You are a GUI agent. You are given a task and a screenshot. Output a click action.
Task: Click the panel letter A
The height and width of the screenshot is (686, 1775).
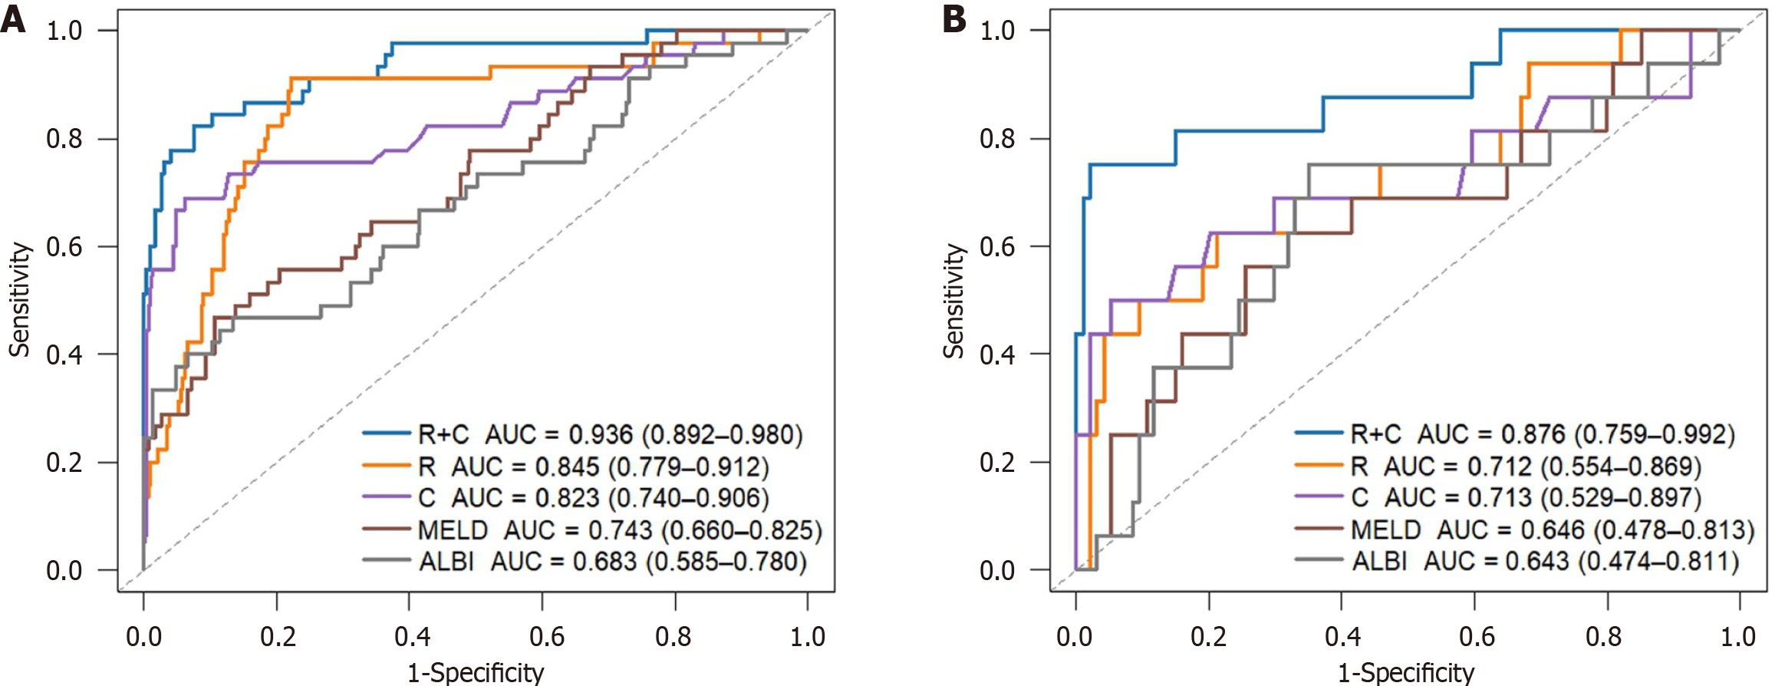[x=13, y=19]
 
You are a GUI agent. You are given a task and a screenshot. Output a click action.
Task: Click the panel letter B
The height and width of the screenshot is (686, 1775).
[x=953, y=19]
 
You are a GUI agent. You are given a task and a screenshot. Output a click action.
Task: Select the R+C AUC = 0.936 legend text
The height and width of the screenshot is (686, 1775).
[x=610, y=435]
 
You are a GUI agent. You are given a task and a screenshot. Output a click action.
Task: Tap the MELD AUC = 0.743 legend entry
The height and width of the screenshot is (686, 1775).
[x=620, y=530]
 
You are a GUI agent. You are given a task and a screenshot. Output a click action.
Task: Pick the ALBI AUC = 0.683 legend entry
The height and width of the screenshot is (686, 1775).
[x=612, y=562]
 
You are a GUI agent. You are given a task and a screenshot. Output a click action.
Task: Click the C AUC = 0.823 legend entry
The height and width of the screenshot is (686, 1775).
[x=593, y=498]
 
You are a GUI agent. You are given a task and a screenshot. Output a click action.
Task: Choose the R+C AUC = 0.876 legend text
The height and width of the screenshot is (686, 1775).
[x=1542, y=434]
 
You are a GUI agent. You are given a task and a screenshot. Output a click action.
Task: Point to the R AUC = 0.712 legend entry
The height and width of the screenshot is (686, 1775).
[x=1526, y=467]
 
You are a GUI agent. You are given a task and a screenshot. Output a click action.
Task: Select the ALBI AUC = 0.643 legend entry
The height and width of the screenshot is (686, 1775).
[x=1545, y=561]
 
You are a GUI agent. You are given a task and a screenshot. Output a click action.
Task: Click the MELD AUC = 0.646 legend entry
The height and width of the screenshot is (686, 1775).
[x=1553, y=529]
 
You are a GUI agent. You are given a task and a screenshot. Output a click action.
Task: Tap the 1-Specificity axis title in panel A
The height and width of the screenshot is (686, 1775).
[x=476, y=673]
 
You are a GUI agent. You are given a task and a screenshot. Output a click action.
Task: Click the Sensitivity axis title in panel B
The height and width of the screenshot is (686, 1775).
[x=953, y=301]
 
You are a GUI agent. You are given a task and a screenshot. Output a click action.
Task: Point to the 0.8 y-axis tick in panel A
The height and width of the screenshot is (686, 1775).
[x=64, y=139]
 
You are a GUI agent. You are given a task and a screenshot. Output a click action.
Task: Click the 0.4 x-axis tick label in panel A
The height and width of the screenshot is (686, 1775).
[x=412, y=636]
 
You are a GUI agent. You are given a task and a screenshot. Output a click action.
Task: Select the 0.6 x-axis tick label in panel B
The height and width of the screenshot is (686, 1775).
[x=1477, y=636]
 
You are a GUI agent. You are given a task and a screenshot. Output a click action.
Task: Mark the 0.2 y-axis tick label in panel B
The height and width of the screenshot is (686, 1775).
[x=997, y=463]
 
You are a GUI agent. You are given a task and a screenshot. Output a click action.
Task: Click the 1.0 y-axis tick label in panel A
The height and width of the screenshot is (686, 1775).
[x=64, y=31]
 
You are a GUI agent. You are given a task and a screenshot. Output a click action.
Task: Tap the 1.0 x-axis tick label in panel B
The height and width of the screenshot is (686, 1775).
[x=1737, y=636]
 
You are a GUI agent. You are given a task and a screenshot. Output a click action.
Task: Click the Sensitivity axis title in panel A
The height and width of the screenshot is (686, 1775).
[x=19, y=301]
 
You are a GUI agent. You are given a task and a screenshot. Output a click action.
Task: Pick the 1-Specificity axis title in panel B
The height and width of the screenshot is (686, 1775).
[x=1406, y=673]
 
